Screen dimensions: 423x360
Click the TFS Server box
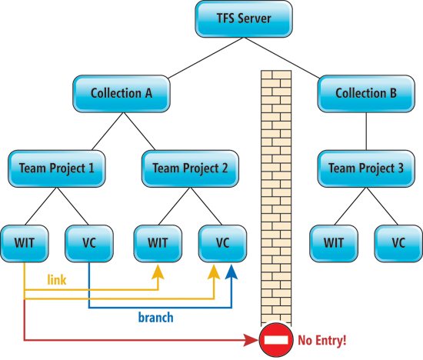[x=244, y=18]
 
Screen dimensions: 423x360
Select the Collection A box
[x=122, y=94]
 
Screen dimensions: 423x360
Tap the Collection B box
[x=366, y=94]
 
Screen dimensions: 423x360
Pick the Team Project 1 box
[x=57, y=168]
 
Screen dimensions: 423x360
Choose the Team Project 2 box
[x=190, y=168]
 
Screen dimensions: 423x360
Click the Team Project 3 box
[x=366, y=168]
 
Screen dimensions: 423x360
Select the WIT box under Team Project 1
[x=25, y=243]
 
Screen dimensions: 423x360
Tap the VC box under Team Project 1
[x=89, y=243]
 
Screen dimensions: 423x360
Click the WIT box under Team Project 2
[x=158, y=243]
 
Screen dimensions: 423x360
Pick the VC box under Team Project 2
[x=222, y=243]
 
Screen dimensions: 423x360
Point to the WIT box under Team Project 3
[x=334, y=243]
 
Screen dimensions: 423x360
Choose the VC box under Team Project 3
[x=398, y=243]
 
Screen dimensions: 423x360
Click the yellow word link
[x=57, y=279]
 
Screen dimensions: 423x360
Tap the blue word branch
[x=155, y=318]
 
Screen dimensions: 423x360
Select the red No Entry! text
[x=321, y=340]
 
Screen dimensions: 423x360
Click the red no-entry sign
[x=276, y=340]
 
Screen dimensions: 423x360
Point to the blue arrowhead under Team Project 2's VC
[x=231, y=272]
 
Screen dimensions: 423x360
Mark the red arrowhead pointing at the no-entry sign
[x=251, y=340]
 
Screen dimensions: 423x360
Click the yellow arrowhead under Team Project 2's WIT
[x=158, y=272]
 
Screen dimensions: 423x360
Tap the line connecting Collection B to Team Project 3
[x=366, y=132]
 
